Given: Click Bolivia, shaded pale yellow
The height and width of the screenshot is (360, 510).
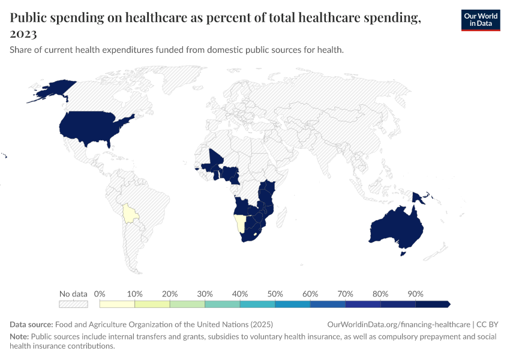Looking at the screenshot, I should point(128,213).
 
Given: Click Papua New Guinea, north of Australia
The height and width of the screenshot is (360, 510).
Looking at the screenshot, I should point(418,197).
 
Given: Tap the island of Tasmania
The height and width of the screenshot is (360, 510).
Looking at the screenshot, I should point(404,254).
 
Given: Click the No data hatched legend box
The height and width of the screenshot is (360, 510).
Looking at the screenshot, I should point(73,304).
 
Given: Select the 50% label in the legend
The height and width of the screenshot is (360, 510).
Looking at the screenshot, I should point(275,294).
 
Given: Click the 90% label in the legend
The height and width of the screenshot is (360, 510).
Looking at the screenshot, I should point(415,294).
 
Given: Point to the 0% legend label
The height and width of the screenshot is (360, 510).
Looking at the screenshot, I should point(100,294).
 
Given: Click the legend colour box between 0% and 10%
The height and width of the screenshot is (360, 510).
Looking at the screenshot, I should point(118,304).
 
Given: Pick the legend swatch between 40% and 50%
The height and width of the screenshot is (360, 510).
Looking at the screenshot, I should point(257,304).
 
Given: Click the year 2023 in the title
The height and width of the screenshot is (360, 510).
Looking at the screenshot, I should point(23,34).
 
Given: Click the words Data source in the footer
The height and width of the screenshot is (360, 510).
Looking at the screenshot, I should point(31,324).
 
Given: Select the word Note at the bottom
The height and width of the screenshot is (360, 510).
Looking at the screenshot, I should point(19,337).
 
